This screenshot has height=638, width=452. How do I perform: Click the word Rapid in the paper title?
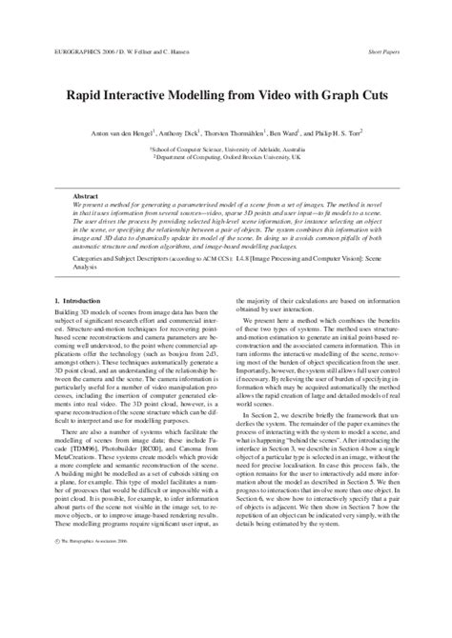[x=84, y=96]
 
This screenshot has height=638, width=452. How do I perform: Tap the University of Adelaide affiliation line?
[x=226, y=149]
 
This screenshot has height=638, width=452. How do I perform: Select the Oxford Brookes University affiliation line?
[x=226, y=158]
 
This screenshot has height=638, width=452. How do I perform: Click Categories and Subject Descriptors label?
[x=129, y=257]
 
